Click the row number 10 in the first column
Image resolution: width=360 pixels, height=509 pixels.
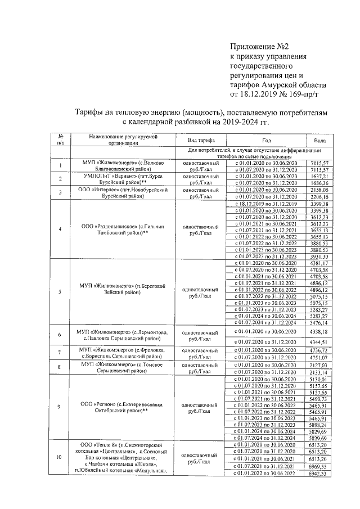59,456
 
